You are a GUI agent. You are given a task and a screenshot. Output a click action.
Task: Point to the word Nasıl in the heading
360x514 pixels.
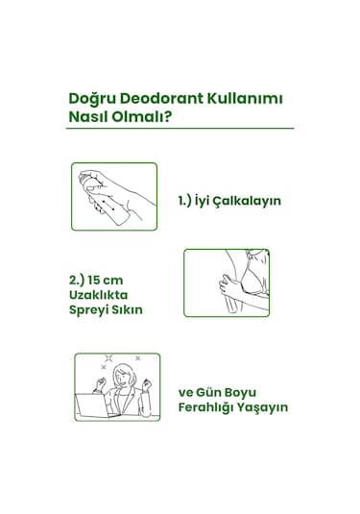[92, 118]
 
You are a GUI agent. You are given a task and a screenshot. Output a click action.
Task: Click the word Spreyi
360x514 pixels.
[93, 310]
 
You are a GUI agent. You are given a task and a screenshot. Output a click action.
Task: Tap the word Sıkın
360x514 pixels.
[139, 310]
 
